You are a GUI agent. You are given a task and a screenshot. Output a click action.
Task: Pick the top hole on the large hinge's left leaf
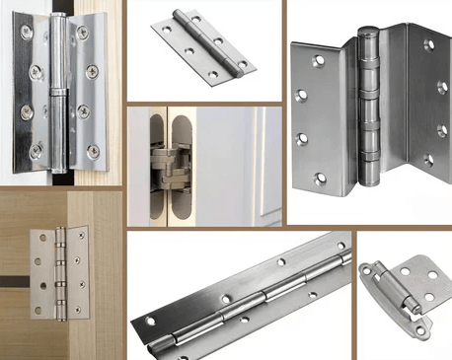point(317,61)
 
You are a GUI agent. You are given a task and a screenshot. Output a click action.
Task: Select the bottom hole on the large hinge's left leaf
point(319,179)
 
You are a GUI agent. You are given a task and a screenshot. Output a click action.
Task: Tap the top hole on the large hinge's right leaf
point(427,44)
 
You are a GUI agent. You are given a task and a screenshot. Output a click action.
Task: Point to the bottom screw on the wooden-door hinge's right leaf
point(75,305)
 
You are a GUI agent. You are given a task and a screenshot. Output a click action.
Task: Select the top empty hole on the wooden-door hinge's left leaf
point(40,238)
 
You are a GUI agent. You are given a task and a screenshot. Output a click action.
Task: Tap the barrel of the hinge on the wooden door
point(59,271)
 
